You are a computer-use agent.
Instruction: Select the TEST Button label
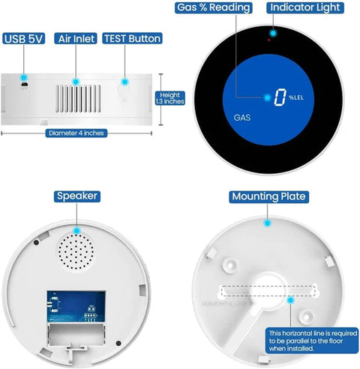132,38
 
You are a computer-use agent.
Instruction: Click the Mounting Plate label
268,197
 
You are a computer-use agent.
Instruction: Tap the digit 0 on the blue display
280,97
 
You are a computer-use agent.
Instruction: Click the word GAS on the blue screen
242,118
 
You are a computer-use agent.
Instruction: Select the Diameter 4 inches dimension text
75,133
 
